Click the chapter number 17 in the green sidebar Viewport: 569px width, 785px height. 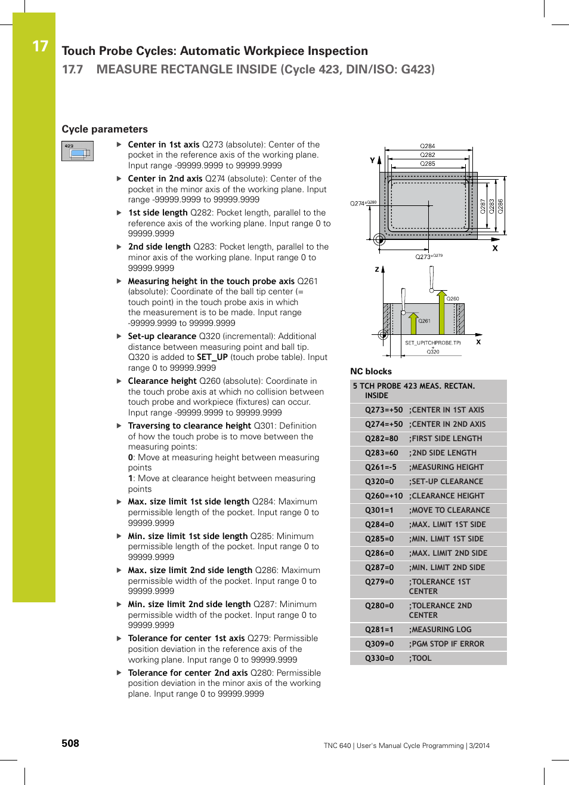click(x=40, y=47)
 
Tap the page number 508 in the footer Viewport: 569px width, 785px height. click(x=70, y=743)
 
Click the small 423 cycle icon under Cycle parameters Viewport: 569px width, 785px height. click(x=78, y=151)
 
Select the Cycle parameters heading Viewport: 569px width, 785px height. click(x=104, y=129)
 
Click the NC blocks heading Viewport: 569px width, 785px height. click(x=371, y=371)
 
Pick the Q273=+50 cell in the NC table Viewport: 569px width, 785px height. click(x=384, y=410)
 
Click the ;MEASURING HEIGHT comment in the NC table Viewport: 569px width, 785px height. click(x=446, y=467)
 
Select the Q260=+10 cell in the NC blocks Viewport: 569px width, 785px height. click(x=384, y=496)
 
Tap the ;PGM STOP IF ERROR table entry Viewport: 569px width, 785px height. click(x=446, y=644)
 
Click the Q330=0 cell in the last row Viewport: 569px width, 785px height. click(x=379, y=658)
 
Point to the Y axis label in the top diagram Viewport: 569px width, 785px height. click(x=373, y=161)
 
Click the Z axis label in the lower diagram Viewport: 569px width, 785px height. click(x=377, y=269)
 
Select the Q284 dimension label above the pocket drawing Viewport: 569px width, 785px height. click(x=428, y=146)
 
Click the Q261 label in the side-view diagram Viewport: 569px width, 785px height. click(x=424, y=321)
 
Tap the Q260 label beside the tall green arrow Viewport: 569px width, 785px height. click(x=453, y=298)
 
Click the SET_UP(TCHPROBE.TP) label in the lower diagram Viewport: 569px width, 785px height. click(x=432, y=343)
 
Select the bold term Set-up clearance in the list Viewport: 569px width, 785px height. click(x=162, y=336)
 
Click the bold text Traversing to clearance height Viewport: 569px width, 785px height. click(x=189, y=426)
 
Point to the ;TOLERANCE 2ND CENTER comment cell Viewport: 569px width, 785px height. click(x=440, y=610)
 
